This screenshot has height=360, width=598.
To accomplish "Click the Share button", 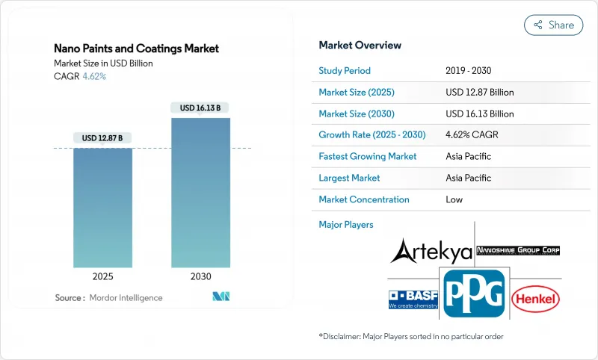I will [553, 25].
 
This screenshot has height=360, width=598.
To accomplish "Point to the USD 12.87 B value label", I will [103, 138].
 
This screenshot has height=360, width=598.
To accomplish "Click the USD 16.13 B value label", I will [200, 108].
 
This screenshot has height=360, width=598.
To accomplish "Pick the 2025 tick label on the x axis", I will [103, 276].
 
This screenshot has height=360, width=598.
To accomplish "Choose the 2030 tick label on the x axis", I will [200, 276].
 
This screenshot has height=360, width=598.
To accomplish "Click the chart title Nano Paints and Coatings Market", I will [137, 49].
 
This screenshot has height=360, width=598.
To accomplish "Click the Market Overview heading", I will [360, 45].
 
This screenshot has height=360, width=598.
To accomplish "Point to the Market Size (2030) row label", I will [356, 114].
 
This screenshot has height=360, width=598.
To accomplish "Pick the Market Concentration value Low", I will [454, 199].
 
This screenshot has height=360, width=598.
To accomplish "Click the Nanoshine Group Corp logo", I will [518, 250].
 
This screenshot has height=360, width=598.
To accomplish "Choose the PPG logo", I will [473, 294].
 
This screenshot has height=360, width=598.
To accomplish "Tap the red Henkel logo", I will [535, 300].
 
